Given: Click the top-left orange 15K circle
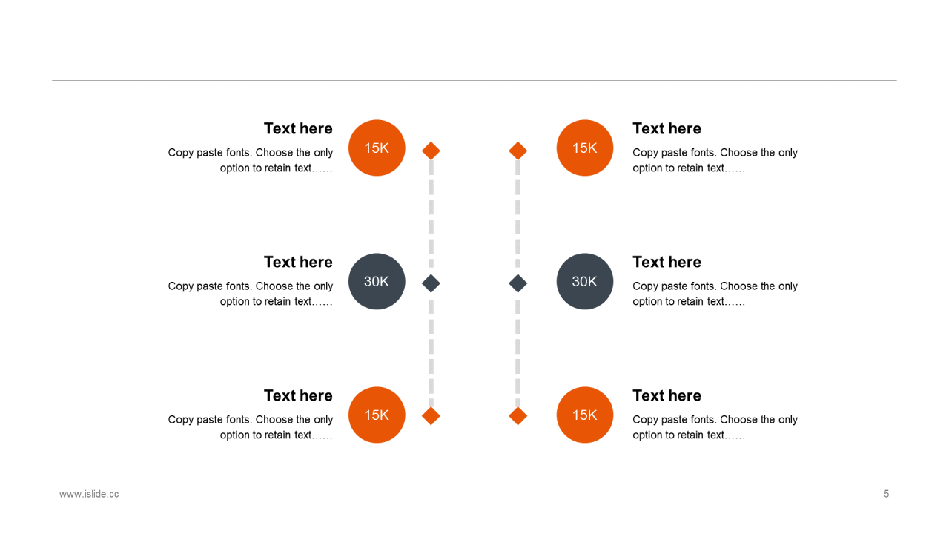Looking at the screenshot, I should click(377, 148).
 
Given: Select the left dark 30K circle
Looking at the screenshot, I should click(377, 282).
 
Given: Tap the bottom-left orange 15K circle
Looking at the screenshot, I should click(377, 415).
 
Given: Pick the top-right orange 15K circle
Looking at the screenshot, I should click(585, 148).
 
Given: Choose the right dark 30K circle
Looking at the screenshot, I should click(585, 282).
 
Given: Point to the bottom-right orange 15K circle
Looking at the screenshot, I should click(585, 415).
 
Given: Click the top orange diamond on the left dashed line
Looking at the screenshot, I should click(431, 151).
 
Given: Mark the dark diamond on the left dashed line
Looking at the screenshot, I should click(431, 283).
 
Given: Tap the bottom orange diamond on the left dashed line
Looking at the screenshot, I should click(431, 416).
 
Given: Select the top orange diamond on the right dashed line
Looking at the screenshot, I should click(518, 151).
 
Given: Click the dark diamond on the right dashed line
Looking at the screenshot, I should click(518, 283).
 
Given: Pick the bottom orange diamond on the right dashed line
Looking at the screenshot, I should click(518, 416).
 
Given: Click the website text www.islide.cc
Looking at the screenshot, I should click(89, 494).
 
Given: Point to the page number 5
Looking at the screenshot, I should click(886, 494).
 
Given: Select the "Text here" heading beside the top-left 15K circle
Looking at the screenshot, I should click(298, 129).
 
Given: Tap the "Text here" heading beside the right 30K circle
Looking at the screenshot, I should click(667, 263).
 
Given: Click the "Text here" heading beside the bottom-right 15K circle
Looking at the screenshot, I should click(667, 396).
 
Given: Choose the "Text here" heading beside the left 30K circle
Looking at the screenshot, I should click(298, 263).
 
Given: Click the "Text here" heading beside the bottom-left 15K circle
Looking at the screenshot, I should click(298, 396).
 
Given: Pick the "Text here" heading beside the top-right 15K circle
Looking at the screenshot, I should click(667, 129).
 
